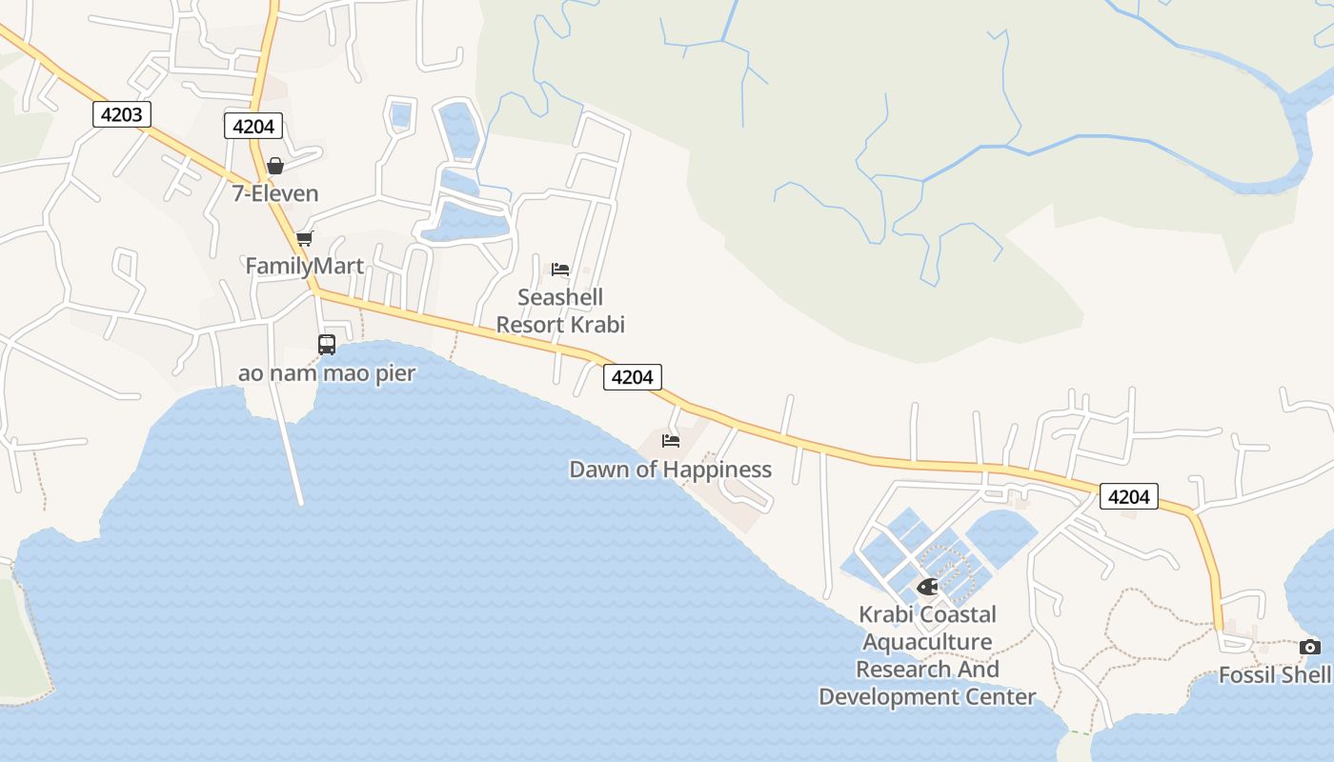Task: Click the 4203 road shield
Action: pos(122,115)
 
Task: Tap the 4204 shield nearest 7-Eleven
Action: pos(253,126)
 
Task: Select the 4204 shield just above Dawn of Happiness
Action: pos(633,377)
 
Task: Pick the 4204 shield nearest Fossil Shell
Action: pos(1129,496)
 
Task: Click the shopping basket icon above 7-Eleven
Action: pos(275,166)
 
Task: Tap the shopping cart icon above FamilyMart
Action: pos(304,238)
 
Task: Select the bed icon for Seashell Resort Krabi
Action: pos(560,269)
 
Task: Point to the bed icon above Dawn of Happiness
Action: pos(671,441)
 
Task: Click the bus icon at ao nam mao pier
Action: pos(327,345)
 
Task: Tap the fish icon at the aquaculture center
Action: pos(927,586)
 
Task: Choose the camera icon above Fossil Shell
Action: pos(1310,648)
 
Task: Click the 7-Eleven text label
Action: pos(275,193)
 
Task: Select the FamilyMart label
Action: pos(305,266)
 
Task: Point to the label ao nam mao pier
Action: pos(327,372)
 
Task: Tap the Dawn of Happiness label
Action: pos(670,470)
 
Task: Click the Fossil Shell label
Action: pos(1275,675)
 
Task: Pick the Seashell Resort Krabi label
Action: pos(560,311)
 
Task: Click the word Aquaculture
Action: pos(927,642)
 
